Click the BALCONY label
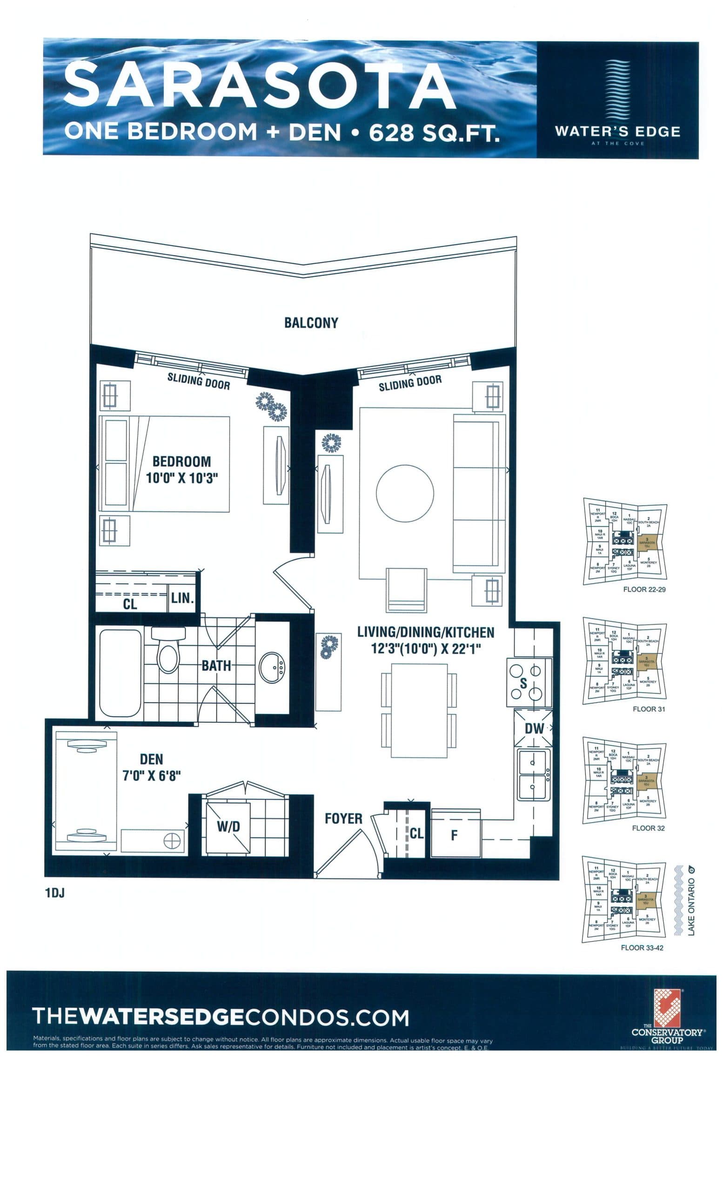coord(311,323)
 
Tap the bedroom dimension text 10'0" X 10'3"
coord(182,478)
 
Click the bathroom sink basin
coord(272,668)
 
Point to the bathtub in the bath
coord(120,673)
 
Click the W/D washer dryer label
coord(228,826)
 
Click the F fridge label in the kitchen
coord(454,835)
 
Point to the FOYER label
coord(343,819)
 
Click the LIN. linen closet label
coord(182,598)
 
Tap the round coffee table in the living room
coord(404,493)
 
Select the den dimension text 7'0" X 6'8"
coord(151,776)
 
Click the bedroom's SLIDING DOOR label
coord(198,382)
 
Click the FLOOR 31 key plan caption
coord(648,709)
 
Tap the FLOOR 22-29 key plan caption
coord(644,590)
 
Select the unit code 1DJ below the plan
coord(54,893)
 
